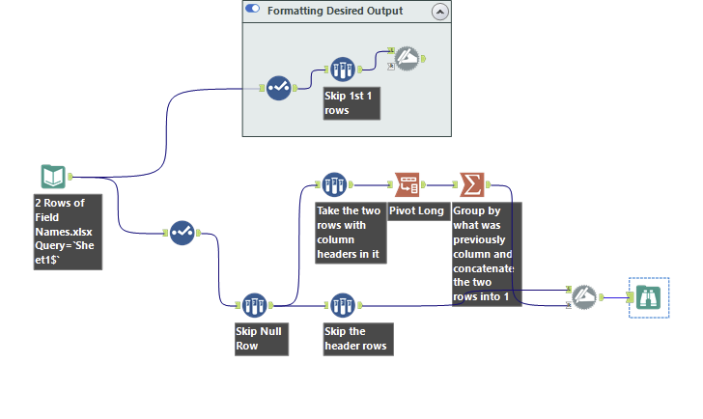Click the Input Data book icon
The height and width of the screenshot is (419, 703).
tap(53, 177)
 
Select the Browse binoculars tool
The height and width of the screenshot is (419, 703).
tap(647, 297)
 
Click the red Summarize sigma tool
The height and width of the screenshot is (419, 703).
tap(471, 183)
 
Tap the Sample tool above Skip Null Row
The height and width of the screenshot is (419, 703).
tap(254, 306)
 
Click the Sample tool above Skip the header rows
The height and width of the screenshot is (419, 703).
tap(342, 306)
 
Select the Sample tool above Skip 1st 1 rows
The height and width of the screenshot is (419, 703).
tap(343, 70)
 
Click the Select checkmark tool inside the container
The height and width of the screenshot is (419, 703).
tap(279, 88)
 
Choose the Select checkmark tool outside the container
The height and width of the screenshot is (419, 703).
tap(183, 232)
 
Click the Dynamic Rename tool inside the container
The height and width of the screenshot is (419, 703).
tap(407, 59)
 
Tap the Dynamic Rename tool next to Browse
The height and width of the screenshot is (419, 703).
tap(583, 296)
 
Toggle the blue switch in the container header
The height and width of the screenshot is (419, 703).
tap(253, 11)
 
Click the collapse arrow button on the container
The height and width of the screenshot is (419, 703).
tap(439, 12)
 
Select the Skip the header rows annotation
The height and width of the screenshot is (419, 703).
tap(351, 339)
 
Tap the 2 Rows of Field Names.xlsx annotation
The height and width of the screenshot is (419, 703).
tap(67, 230)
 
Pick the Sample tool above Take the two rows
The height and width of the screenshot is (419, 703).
tap(334, 183)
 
